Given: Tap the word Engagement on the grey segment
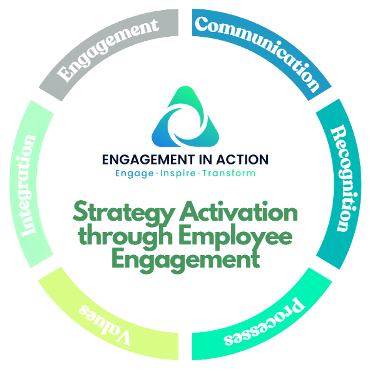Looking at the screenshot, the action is tap(108, 49).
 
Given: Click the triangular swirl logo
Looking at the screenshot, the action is tap(185, 116).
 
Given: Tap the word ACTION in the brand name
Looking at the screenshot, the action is tap(242, 159).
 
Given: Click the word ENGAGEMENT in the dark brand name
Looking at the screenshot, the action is tap(148, 159).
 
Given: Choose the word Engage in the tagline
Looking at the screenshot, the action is tap(135, 174).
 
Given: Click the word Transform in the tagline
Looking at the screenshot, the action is tap(229, 173).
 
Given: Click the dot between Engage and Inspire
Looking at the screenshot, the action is tap(157, 173).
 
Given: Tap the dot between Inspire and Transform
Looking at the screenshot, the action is tap(199, 173).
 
